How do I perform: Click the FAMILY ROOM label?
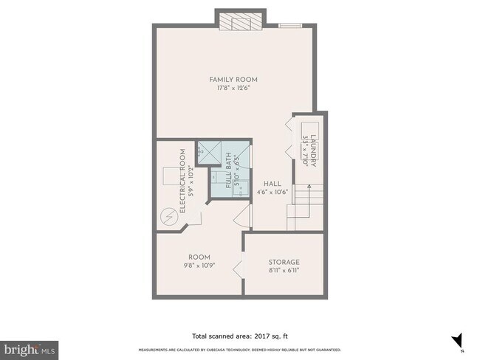[233, 79]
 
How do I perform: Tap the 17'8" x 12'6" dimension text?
[233, 89]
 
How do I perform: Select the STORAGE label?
[284, 262]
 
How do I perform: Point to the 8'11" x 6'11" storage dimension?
[284, 271]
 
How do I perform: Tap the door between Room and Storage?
[239, 271]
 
